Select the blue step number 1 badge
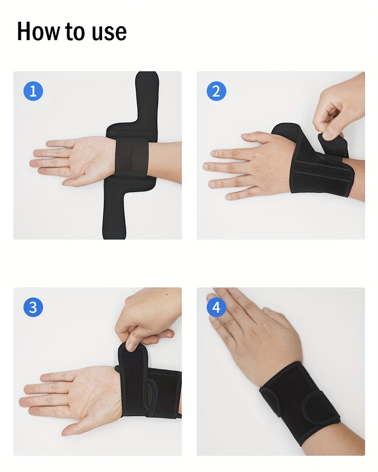coord(33,91)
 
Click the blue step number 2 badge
coord(216,91)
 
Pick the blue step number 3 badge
coord(33,308)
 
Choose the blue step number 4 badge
coord(216,308)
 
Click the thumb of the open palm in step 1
coord(80,180)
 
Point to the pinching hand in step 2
coord(340,106)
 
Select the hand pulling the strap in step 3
coord(146,317)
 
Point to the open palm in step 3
coord(80,397)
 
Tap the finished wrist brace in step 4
coord(298,402)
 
